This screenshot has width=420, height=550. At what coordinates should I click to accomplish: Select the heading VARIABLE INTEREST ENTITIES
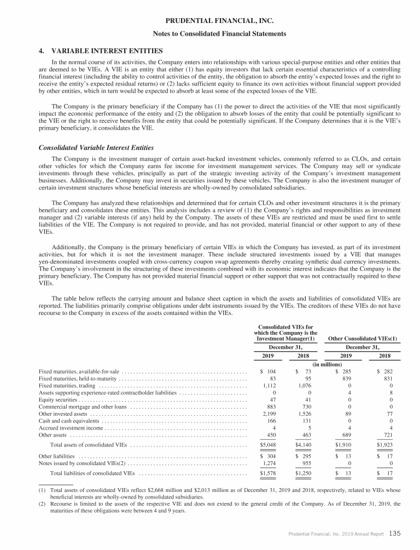pos(96,48)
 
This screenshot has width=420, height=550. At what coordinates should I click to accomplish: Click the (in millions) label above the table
pos(326,364)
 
